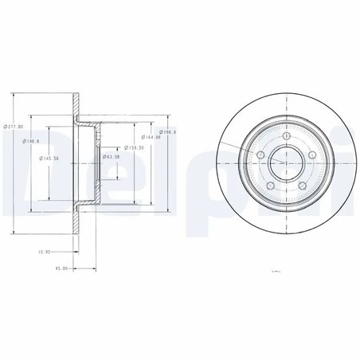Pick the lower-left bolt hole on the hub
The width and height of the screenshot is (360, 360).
[x=269, y=186]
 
